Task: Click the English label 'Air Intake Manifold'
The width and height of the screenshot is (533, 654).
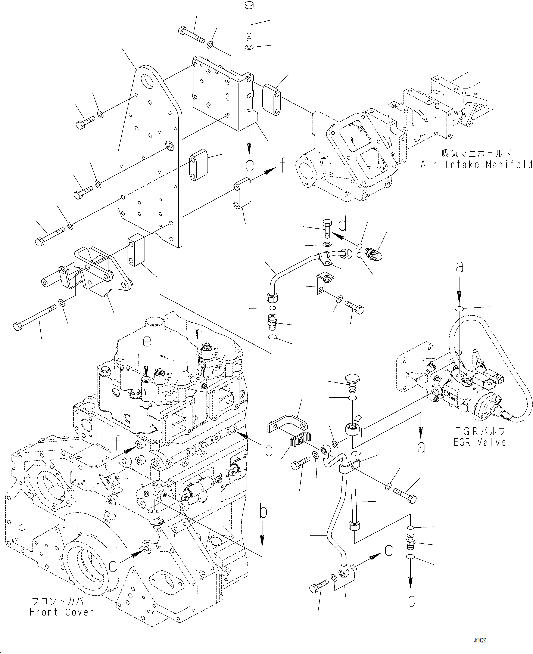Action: click(x=476, y=165)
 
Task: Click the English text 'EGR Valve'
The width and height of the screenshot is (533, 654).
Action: click(x=480, y=442)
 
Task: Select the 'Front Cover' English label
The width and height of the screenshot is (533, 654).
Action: click(x=61, y=612)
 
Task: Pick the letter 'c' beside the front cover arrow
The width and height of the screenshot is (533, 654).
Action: click(x=113, y=566)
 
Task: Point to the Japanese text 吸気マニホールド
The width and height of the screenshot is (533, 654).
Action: click(x=477, y=153)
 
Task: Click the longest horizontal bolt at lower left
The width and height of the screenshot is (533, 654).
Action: click(x=35, y=316)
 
